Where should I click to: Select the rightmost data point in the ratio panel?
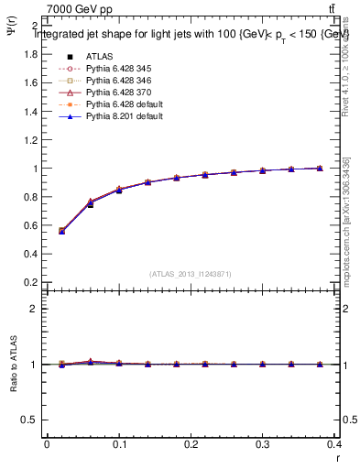pos(320,364)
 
